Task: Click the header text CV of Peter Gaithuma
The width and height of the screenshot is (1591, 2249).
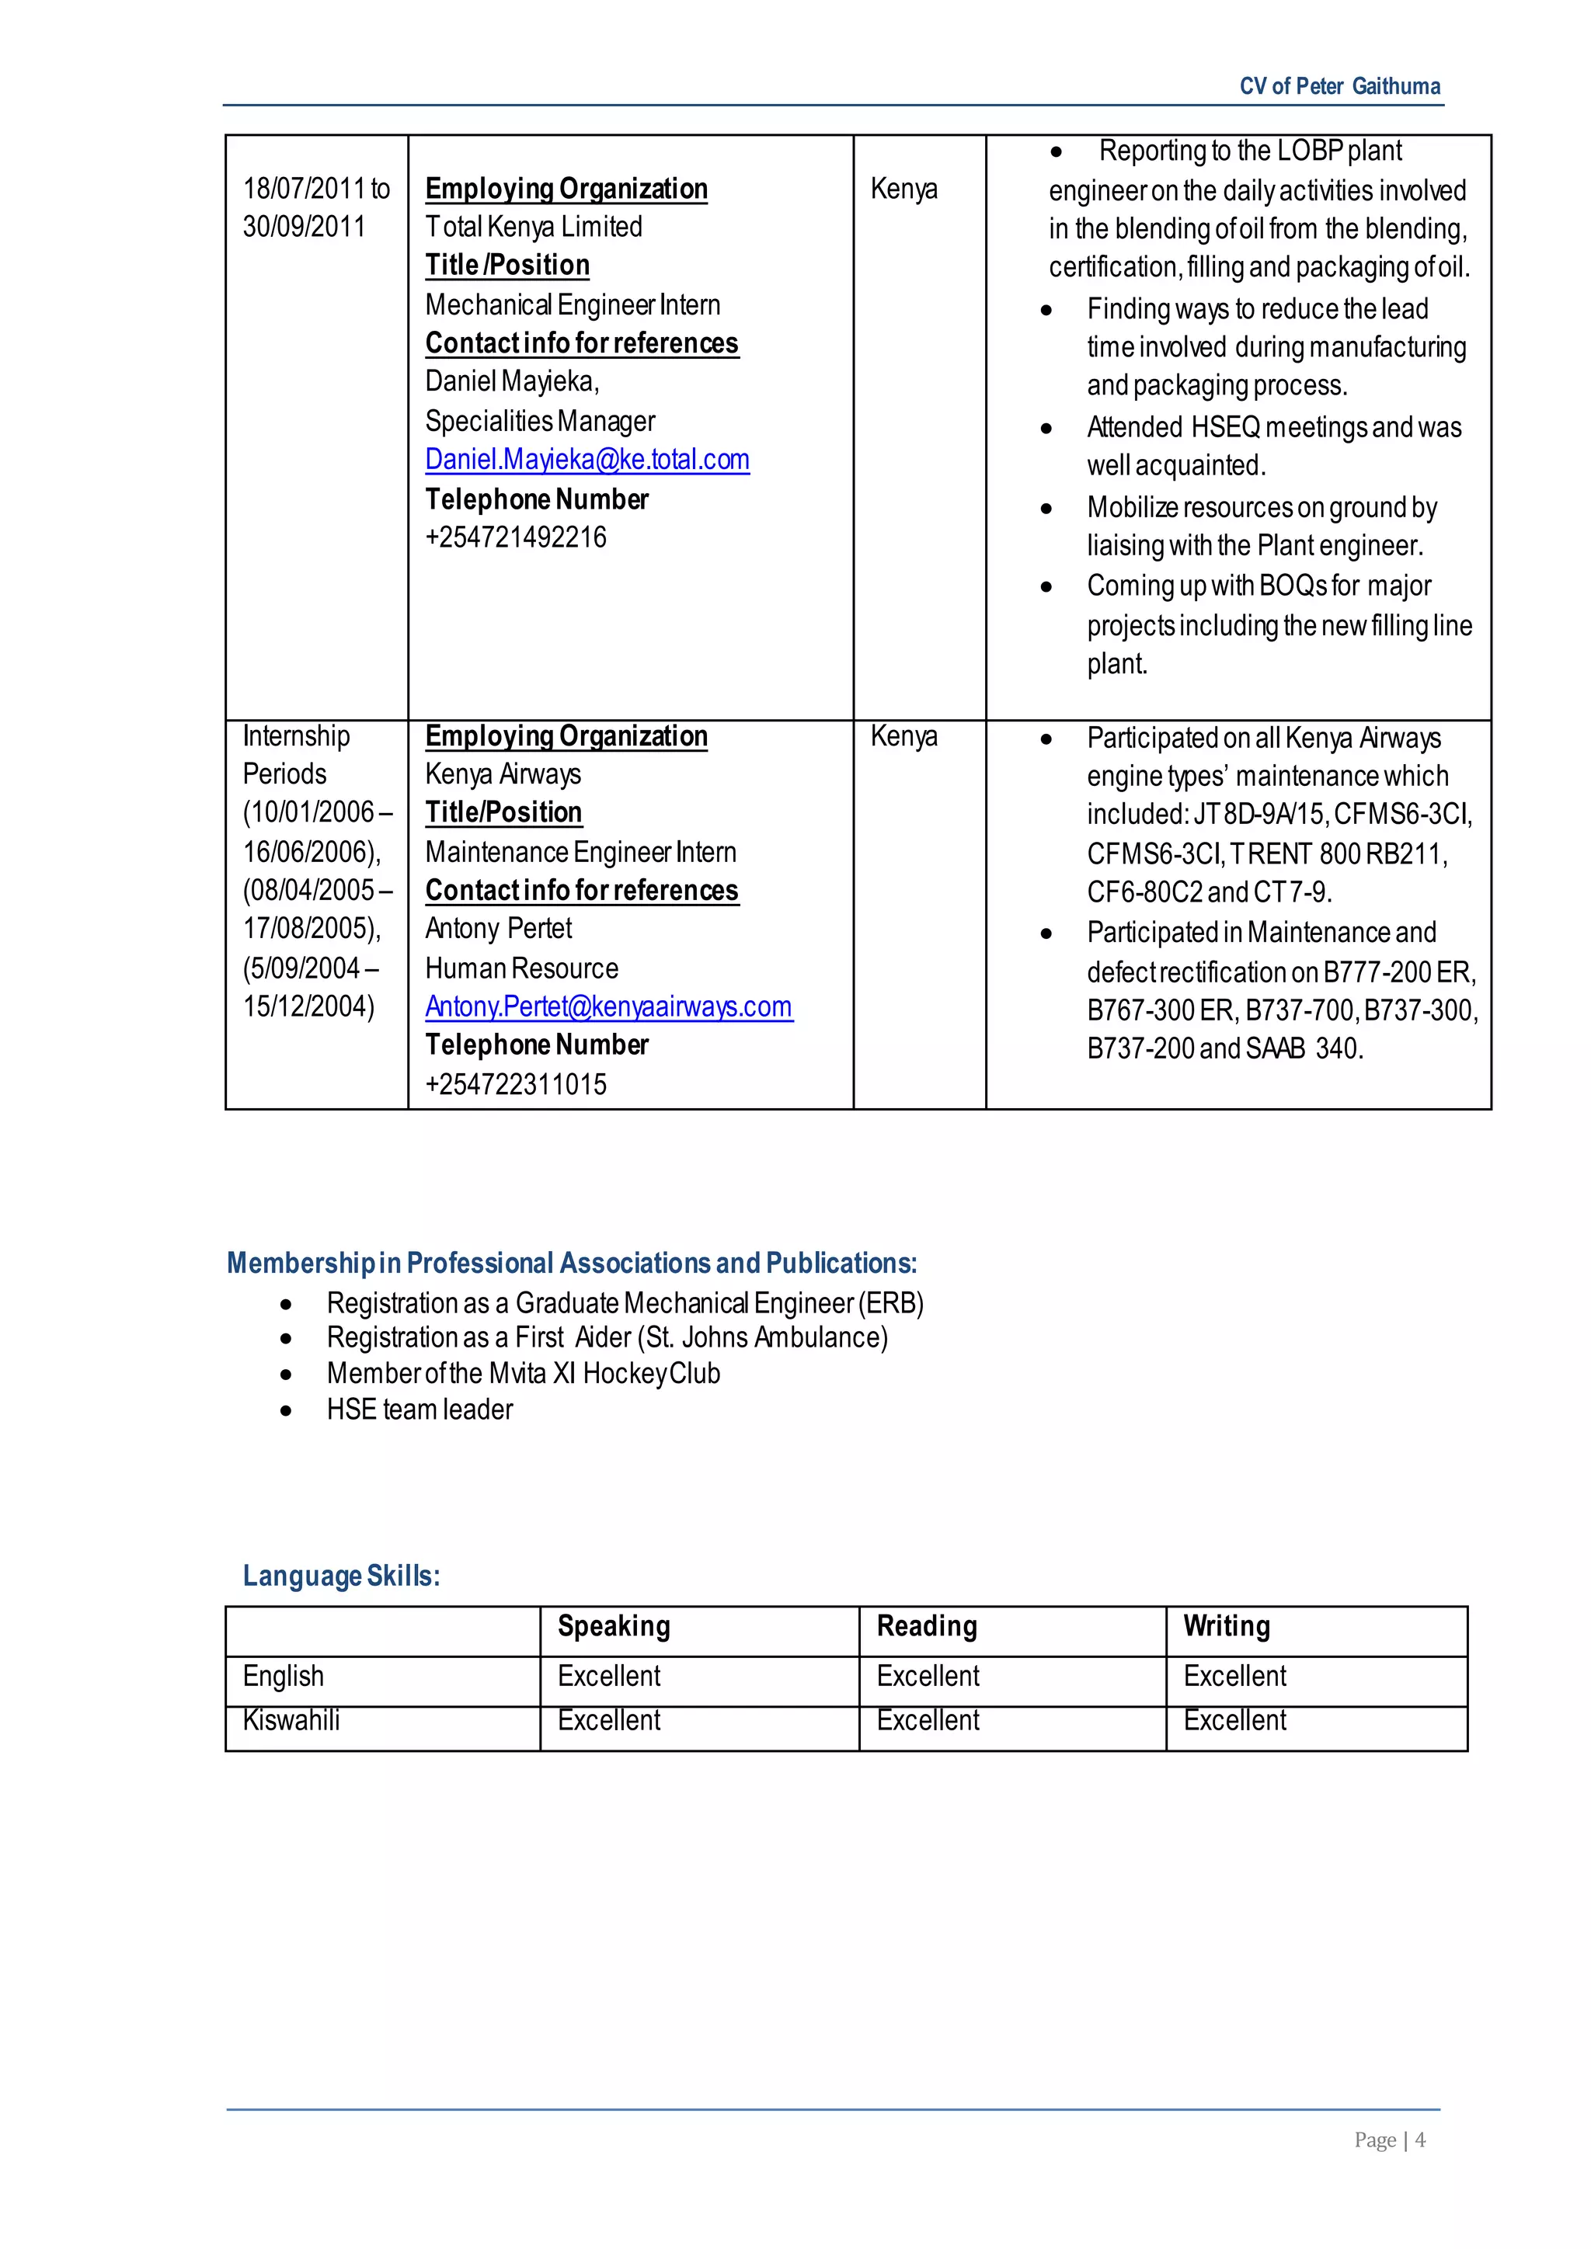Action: click(x=1339, y=86)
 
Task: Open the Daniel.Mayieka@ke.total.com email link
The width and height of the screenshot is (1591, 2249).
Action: click(x=587, y=460)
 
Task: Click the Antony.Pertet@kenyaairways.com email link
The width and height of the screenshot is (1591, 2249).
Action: click(x=608, y=1007)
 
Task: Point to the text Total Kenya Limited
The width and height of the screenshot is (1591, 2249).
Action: click(x=533, y=228)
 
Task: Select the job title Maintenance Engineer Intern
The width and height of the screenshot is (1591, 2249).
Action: click(x=580, y=852)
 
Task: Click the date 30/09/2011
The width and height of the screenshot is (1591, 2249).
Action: click(x=304, y=228)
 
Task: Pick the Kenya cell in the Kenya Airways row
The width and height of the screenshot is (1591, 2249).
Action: click(x=903, y=737)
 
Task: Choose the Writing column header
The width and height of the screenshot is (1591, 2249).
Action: click(x=1226, y=1626)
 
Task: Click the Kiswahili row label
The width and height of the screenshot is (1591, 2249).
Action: click(x=291, y=1720)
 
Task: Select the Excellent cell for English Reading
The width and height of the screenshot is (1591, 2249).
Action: click(x=927, y=1676)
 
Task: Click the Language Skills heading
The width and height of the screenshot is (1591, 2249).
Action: click(x=341, y=1576)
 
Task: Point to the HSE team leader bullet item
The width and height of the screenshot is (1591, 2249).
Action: click(x=420, y=1410)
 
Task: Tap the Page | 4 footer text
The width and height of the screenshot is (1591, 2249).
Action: click(x=1388, y=2140)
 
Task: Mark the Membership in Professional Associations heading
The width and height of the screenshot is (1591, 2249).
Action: click(x=571, y=1264)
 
